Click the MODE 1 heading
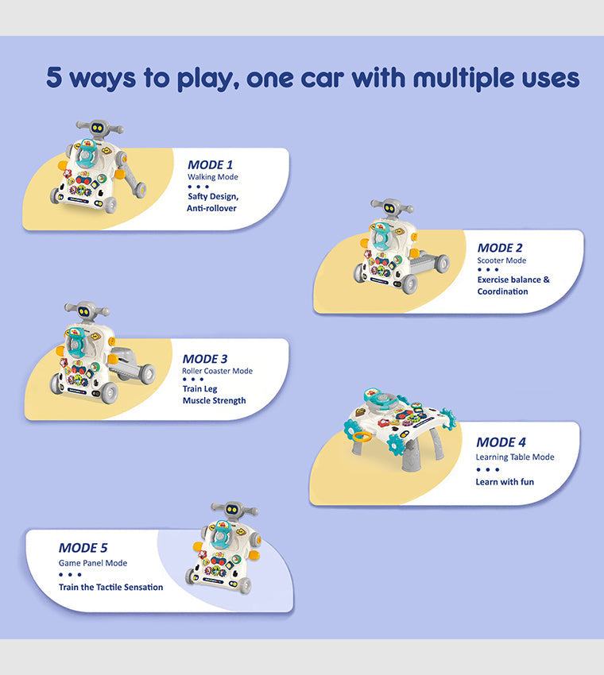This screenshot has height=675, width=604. click(211, 164)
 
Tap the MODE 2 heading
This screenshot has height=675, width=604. click(500, 248)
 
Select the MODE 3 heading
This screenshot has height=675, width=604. click(205, 359)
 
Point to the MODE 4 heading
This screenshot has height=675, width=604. click(501, 442)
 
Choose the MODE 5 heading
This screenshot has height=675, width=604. click(83, 548)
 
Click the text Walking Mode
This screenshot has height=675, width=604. click(213, 177)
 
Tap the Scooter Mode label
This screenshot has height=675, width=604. click(501, 260)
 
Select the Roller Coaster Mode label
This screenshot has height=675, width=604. click(217, 371)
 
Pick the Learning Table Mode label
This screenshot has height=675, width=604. click(515, 457)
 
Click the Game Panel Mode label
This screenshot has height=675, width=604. click(93, 563)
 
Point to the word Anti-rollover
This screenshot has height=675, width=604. click(211, 208)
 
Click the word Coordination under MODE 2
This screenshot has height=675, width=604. click(502, 291)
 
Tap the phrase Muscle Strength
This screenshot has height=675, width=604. click(214, 401)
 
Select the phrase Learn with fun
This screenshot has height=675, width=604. click(505, 482)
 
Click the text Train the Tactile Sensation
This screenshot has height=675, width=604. click(110, 587)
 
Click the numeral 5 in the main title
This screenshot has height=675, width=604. click(54, 78)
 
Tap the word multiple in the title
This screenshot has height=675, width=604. click(463, 79)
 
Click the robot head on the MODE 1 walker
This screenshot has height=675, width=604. click(99, 128)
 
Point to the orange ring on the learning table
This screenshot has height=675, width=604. click(362, 438)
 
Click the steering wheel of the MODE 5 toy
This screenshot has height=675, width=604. click(221, 537)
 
